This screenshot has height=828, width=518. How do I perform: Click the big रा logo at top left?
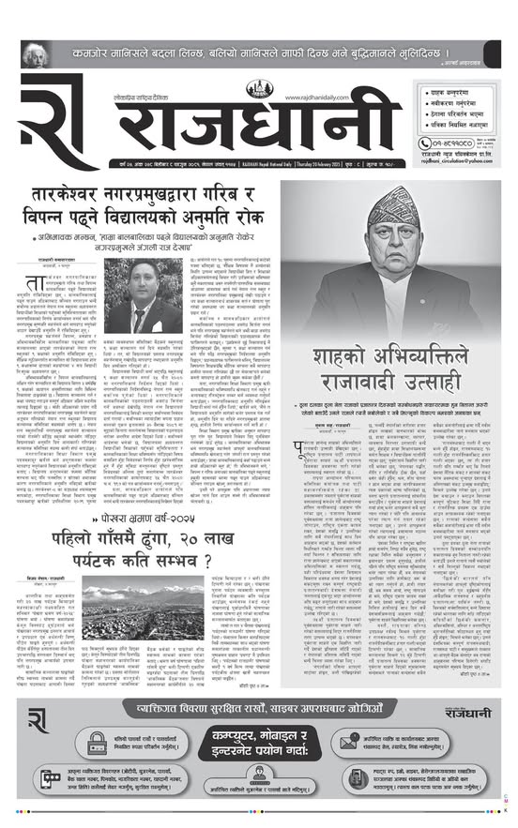tap(48, 128)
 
